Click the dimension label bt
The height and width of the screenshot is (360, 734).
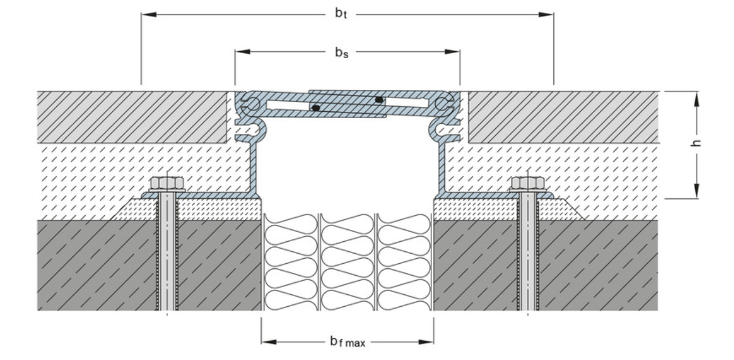pyautogui.click(x=341, y=14)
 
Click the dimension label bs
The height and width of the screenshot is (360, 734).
pyautogui.click(x=341, y=52)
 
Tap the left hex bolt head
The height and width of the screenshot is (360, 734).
pyautogui.click(x=167, y=184)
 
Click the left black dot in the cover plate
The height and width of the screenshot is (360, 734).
pyautogui.click(x=316, y=108)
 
